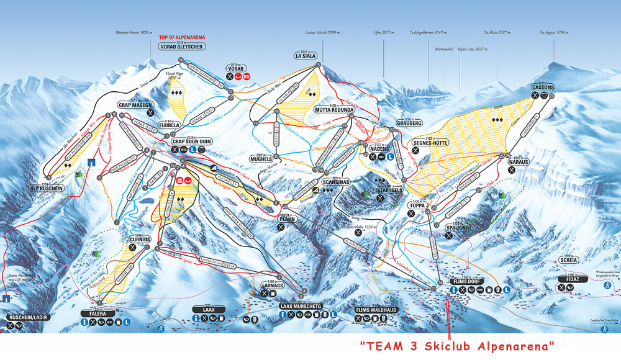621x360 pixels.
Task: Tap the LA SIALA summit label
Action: pyautogui.click(x=306, y=56)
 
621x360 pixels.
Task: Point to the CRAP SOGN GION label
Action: pyautogui.click(x=192, y=141)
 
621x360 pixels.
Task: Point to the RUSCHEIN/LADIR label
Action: pyautogui.click(x=27, y=317)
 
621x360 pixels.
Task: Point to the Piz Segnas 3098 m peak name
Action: pyautogui.click(x=552, y=32)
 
